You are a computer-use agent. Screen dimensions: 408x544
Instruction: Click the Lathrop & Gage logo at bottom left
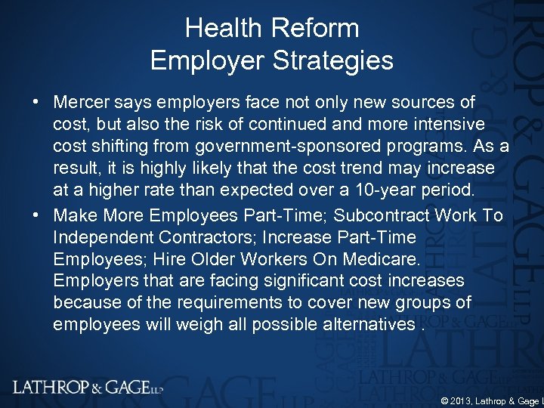coord(88,388)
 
